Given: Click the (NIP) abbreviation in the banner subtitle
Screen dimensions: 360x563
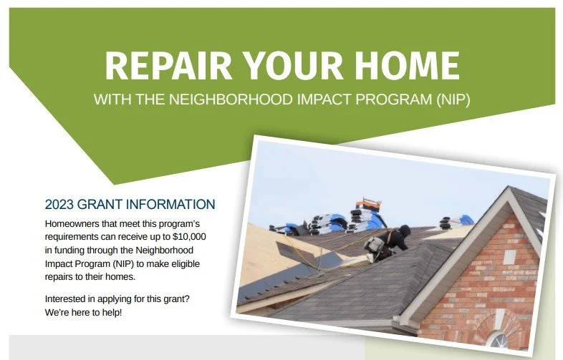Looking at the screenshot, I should [453, 99].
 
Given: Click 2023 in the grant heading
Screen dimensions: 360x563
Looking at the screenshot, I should [59, 204].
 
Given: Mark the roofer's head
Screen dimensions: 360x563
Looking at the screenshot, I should [405, 230].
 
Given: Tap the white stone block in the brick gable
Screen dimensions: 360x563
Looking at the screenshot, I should [509, 257].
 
